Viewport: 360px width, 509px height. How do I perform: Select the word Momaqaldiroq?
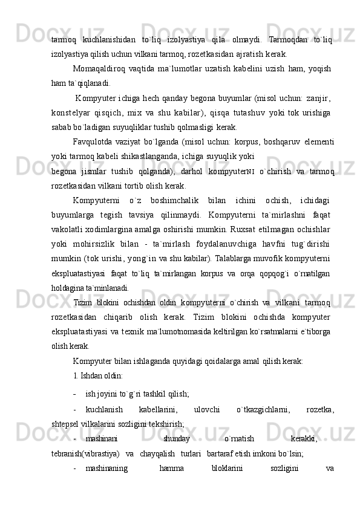pyautogui.click(x=97, y=68)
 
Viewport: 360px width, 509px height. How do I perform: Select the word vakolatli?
pyautogui.click(x=67, y=229)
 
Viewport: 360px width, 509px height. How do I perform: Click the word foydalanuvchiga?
pyautogui.click(x=213, y=244)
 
